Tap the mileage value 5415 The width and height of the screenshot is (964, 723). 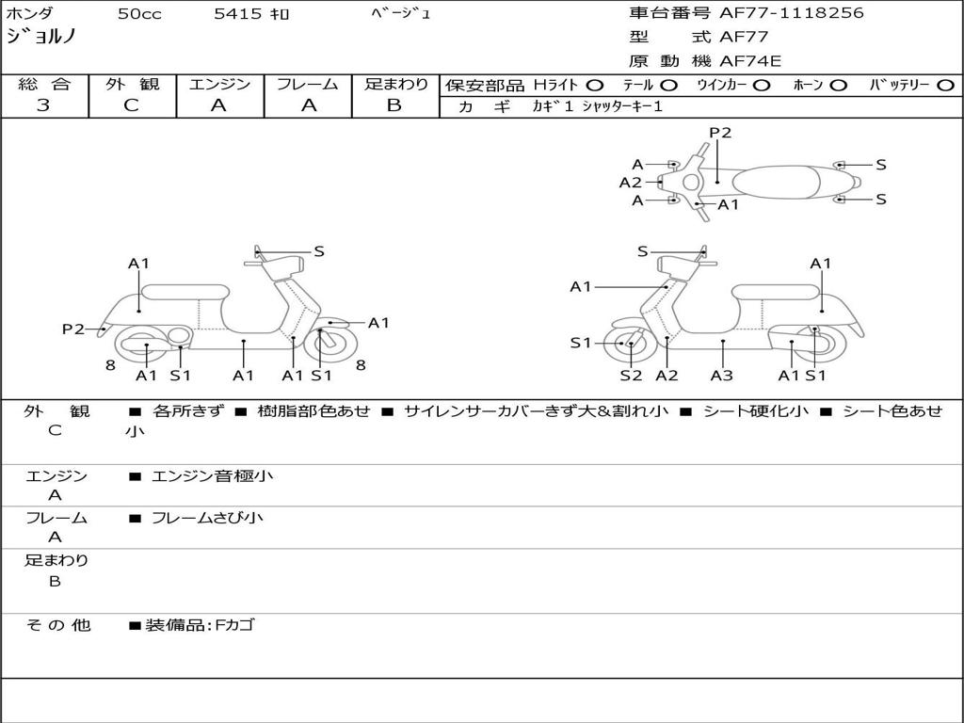click(238, 14)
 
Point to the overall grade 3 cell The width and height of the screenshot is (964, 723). click(44, 105)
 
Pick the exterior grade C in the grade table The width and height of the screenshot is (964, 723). click(132, 105)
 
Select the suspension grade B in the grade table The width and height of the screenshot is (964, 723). click(394, 105)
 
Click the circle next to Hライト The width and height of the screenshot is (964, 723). click(595, 86)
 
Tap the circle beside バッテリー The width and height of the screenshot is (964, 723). click(946, 86)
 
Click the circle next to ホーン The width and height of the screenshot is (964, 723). click(838, 86)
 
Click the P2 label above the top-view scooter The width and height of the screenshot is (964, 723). click(720, 133)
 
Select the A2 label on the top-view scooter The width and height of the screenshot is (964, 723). click(630, 183)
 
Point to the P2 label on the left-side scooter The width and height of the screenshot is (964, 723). click(73, 329)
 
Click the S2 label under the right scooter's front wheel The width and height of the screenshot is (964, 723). click(631, 376)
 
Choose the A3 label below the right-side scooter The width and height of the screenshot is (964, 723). click(722, 376)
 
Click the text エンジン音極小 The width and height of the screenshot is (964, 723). click(212, 476)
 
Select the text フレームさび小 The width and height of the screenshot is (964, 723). click(207, 518)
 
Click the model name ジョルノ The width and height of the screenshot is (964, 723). click(41, 38)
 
